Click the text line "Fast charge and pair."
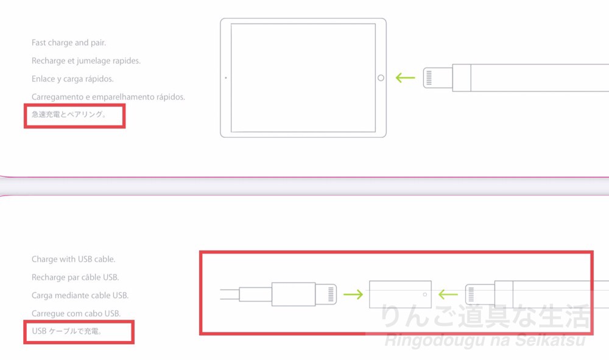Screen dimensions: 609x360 pos(69,43)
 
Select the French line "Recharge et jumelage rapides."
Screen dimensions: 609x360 pos(86,61)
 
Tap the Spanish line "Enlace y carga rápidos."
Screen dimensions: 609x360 pos(72,79)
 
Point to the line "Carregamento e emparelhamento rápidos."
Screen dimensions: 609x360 pos(108,97)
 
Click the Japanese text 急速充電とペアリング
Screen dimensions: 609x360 pos(69,114)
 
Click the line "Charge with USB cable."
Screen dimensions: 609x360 pos(74,259)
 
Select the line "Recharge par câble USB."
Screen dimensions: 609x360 pos(76,277)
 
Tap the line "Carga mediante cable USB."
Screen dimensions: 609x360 pos(80,295)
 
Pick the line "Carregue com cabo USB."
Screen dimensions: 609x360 pos(76,313)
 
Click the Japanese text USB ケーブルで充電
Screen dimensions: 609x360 pos(67,331)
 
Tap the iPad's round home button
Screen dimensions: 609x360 pos(381,78)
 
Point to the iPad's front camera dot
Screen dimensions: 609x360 pos(226,78)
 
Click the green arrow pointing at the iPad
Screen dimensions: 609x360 pos(405,78)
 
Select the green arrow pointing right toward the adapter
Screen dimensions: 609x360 pos(353,294)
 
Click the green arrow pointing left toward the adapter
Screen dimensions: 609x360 pos(448,294)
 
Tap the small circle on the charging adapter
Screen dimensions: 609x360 pos(425,294)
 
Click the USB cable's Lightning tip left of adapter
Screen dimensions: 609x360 pos(326,294)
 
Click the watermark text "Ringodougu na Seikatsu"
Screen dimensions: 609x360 pos(485,340)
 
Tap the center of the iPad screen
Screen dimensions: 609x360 pos(303,78)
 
